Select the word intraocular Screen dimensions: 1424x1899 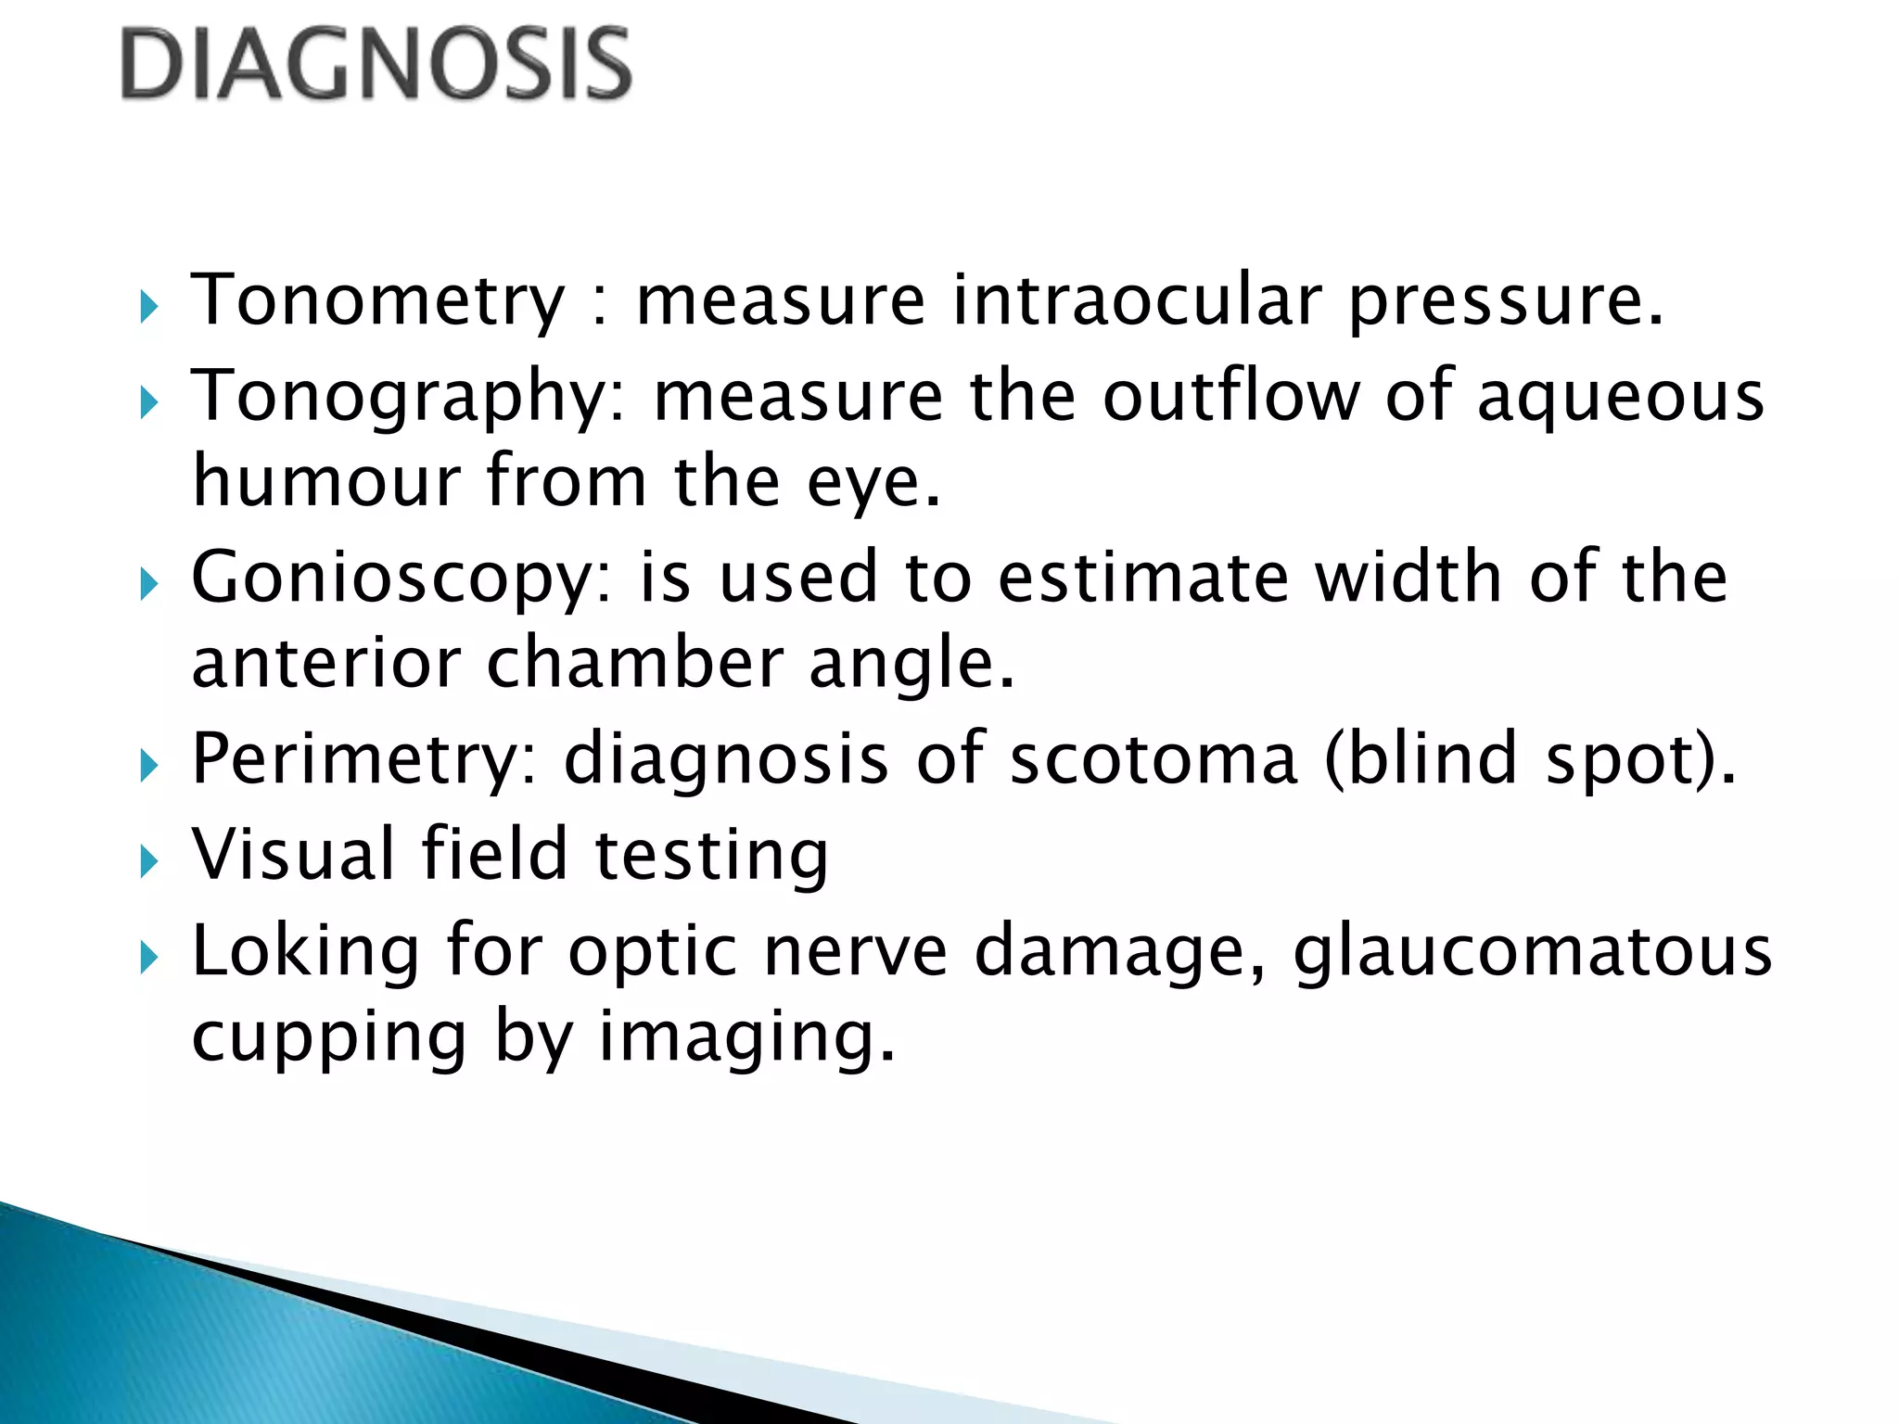pos(1137,300)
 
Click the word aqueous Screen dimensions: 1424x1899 pos(1620,397)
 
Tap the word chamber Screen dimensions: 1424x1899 pos(634,664)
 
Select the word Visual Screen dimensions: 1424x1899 pos(293,855)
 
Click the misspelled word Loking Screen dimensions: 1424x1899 pos(306,951)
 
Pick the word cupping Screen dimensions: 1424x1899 pos(329,1038)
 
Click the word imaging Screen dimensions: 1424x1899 pos(746,1038)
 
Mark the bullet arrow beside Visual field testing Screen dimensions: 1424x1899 pos(149,862)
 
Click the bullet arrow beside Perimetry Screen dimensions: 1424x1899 pos(149,766)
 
